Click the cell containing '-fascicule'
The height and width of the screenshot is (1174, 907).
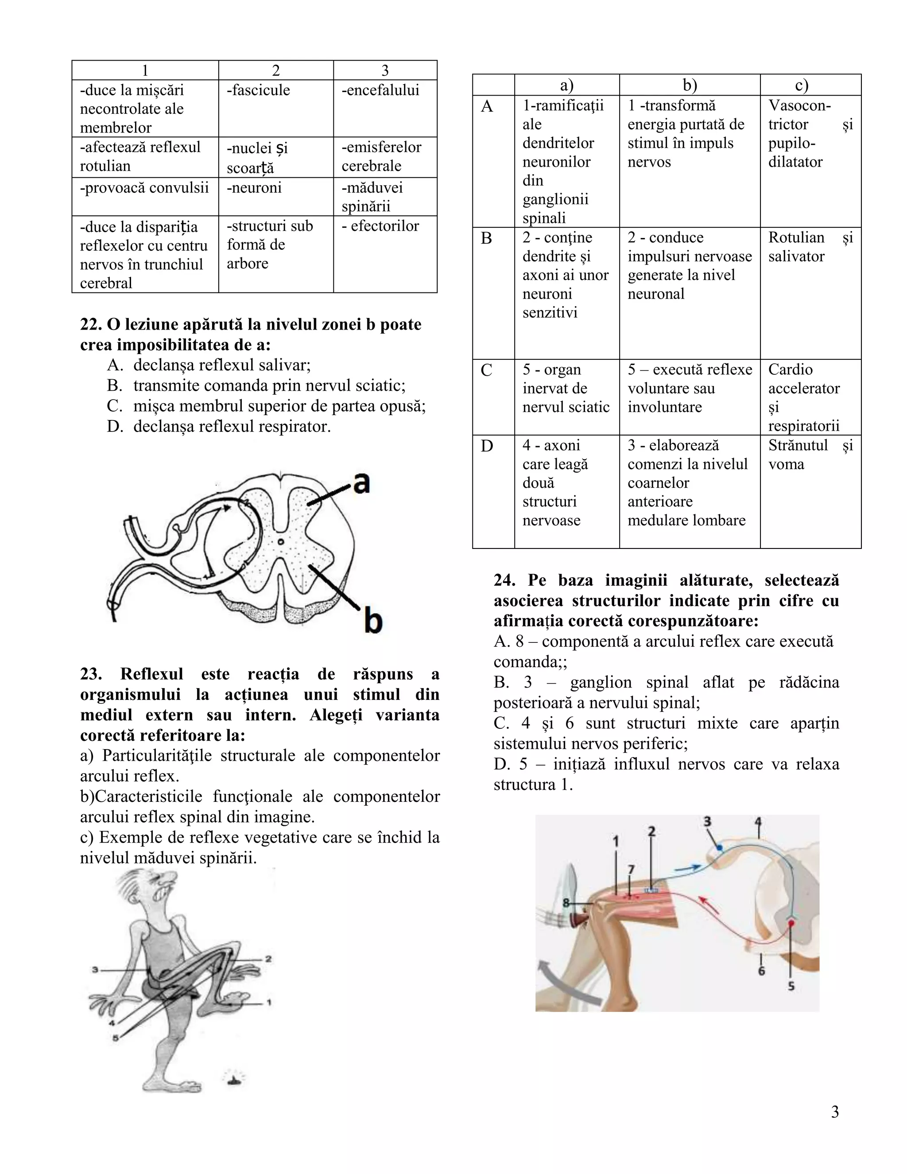[275, 108]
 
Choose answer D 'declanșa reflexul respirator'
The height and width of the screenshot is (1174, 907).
[232, 427]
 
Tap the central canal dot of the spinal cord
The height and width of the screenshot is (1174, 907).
[280, 541]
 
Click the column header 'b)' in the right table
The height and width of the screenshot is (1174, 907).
[690, 86]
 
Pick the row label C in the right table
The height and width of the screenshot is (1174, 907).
[486, 370]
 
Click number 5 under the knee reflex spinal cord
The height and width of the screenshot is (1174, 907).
[791, 987]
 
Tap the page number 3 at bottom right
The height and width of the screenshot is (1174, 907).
[834, 1112]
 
